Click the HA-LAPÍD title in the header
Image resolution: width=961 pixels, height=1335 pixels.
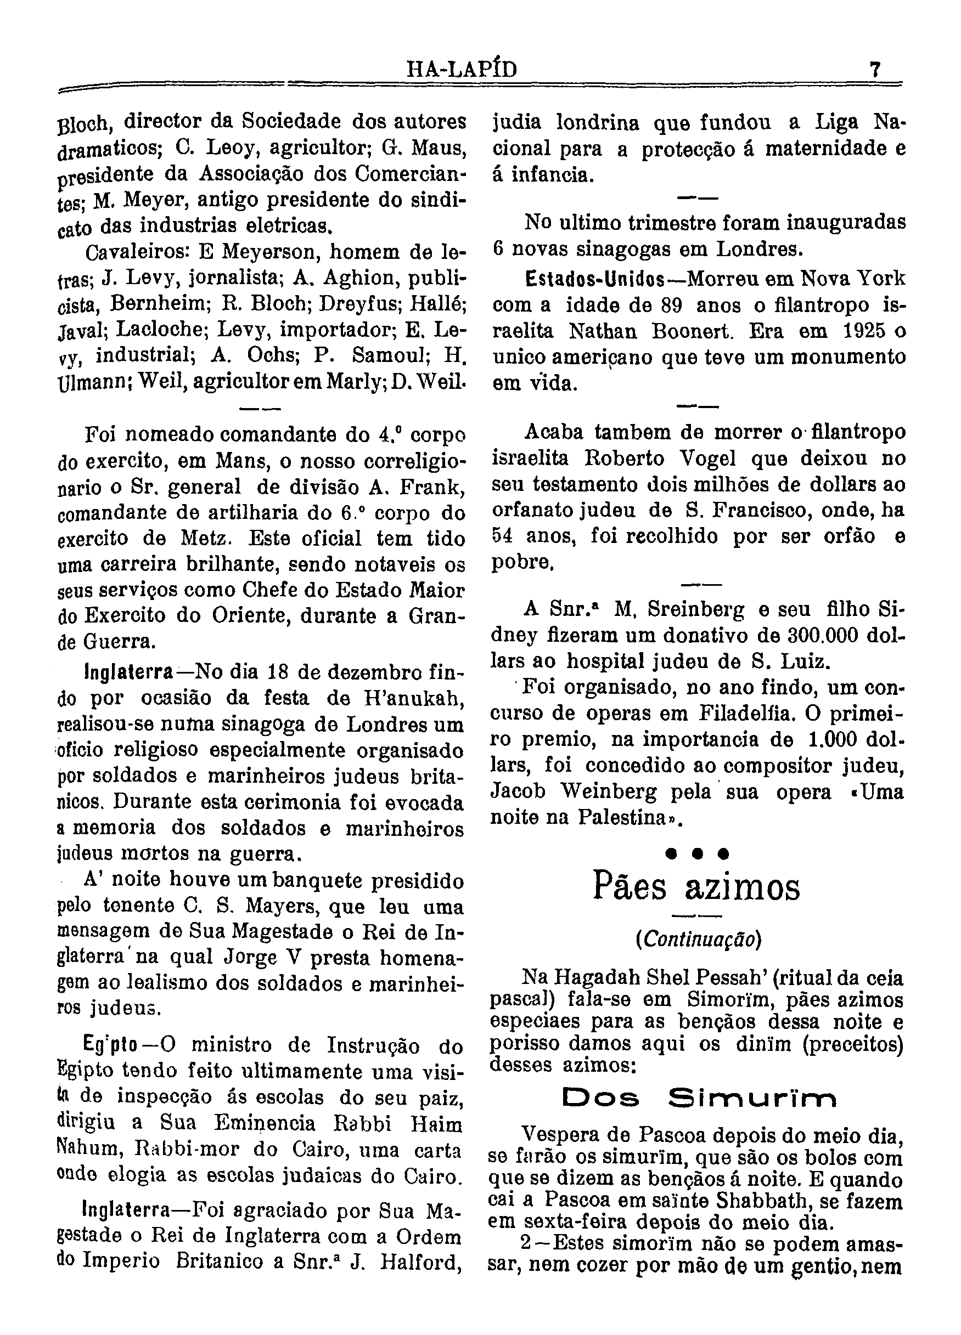462,71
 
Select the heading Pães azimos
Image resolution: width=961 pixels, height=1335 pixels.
696,887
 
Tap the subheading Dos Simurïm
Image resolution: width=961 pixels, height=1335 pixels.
698,1099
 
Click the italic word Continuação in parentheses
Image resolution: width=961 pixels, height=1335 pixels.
698,940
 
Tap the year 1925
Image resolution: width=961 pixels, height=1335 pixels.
864,331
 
